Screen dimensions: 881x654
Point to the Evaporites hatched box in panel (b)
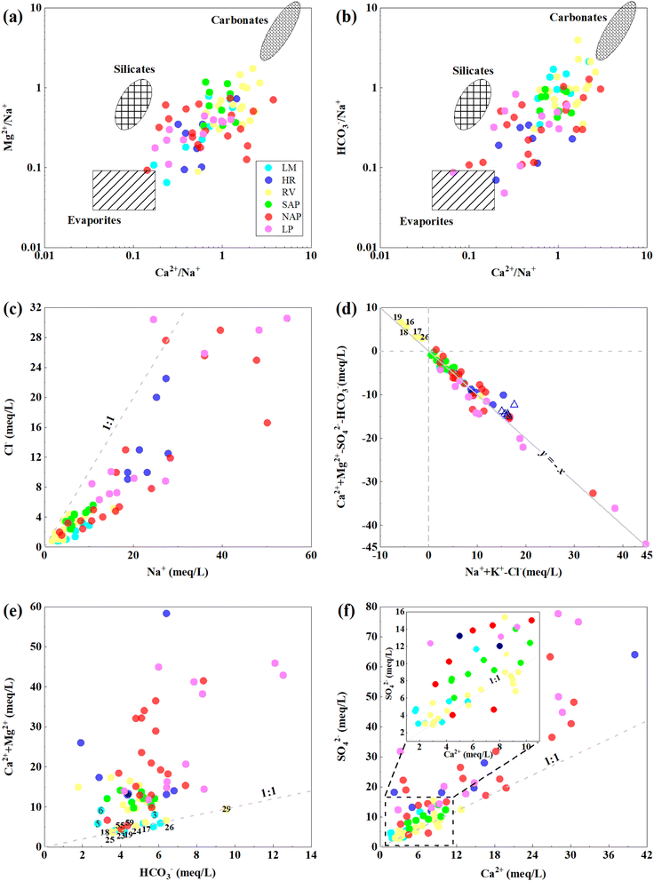[x=462, y=190]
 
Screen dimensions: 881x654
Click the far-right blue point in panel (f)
[x=634, y=655]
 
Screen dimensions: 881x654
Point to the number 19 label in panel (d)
[x=397, y=318]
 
